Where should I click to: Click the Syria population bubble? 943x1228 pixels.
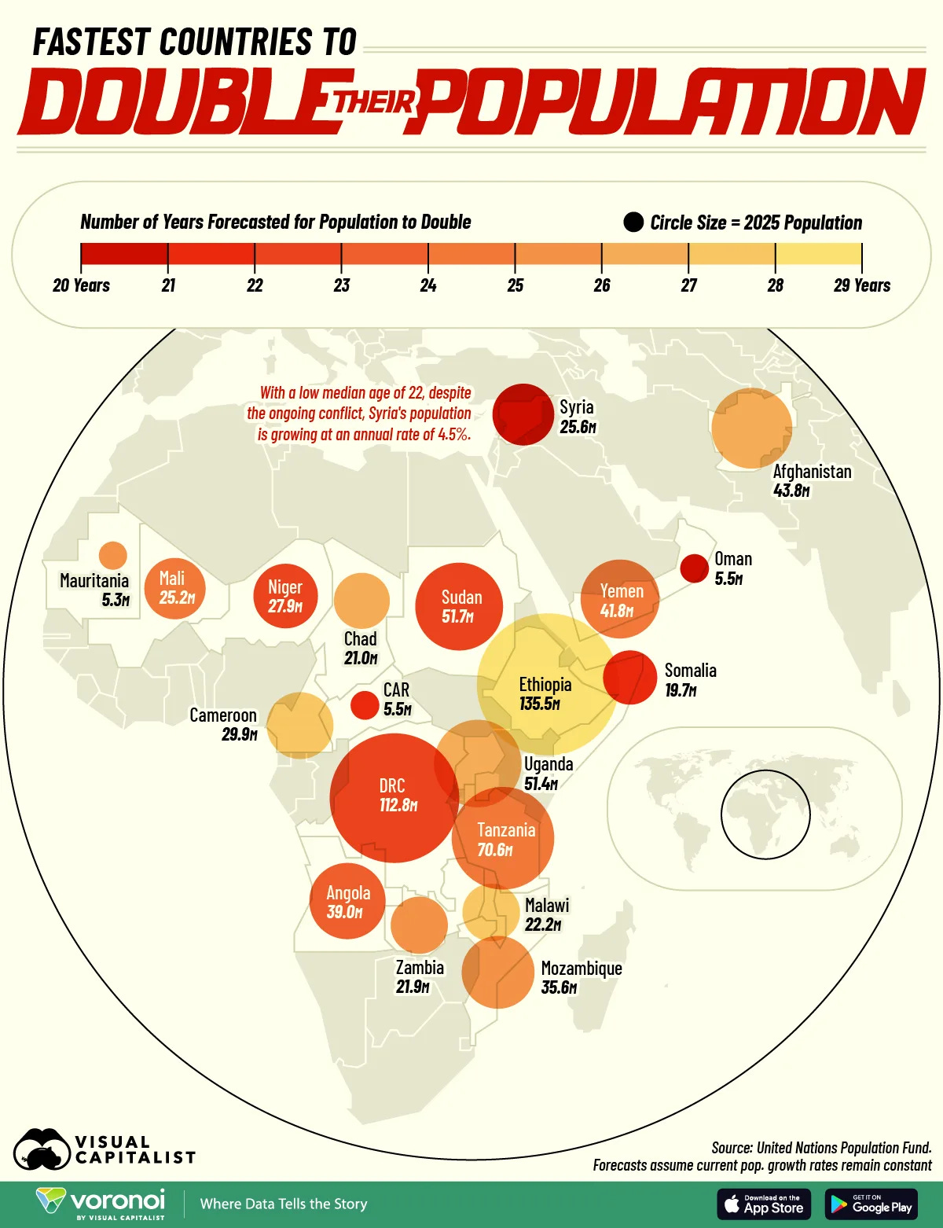(523, 414)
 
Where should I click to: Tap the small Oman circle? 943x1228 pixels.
(694, 568)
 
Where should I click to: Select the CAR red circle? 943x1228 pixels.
(365, 704)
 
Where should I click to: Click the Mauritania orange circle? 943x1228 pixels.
(113, 555)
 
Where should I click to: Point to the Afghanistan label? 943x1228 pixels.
(812, 472)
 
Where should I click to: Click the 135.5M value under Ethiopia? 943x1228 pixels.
(540, 704)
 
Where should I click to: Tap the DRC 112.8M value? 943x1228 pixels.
(398, 805)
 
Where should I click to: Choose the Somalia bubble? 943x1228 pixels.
(629, 677)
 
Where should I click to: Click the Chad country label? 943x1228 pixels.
(360, 639)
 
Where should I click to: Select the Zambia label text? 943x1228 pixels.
(420, 968)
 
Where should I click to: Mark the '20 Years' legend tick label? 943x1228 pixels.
(81, 285)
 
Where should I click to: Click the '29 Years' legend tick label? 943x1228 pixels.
(861, 285)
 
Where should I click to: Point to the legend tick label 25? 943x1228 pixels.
(515, 285)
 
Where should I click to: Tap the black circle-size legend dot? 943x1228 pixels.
(633, 222)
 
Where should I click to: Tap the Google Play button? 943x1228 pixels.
(871, 1204)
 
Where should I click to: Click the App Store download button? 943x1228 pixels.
(764, 1204)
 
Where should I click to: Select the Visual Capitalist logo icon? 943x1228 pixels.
(42, 1150)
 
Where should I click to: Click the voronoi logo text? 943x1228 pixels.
(118, 1200)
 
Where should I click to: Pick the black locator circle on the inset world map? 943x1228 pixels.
(765, 814)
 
